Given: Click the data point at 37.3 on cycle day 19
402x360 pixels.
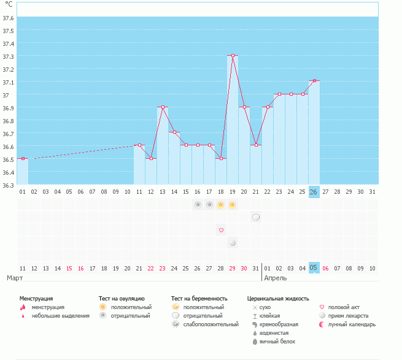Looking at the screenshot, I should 233,56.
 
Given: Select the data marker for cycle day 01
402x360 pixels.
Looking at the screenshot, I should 23,159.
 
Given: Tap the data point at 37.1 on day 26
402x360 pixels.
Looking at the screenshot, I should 314,81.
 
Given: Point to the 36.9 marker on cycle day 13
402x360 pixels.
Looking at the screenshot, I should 163,107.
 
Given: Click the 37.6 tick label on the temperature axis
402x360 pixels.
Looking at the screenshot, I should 9,18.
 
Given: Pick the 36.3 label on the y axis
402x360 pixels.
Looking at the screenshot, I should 9,185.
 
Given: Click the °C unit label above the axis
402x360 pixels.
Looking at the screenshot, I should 9,5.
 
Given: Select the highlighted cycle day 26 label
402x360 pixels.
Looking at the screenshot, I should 314,192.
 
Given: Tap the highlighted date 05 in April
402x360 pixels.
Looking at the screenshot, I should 314,268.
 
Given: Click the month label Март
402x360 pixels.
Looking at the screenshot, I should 15,278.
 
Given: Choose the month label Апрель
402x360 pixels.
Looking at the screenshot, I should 275,278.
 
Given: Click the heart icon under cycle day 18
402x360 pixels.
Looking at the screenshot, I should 221,230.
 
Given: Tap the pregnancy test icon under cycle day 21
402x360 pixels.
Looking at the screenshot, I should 256,217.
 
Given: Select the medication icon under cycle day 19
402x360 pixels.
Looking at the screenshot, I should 233,243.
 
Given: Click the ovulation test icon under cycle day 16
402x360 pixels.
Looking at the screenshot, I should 198,204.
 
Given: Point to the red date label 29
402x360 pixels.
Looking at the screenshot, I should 233,268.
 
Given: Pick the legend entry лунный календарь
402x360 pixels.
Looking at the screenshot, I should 352,324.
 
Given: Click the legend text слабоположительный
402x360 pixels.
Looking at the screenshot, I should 210,324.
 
